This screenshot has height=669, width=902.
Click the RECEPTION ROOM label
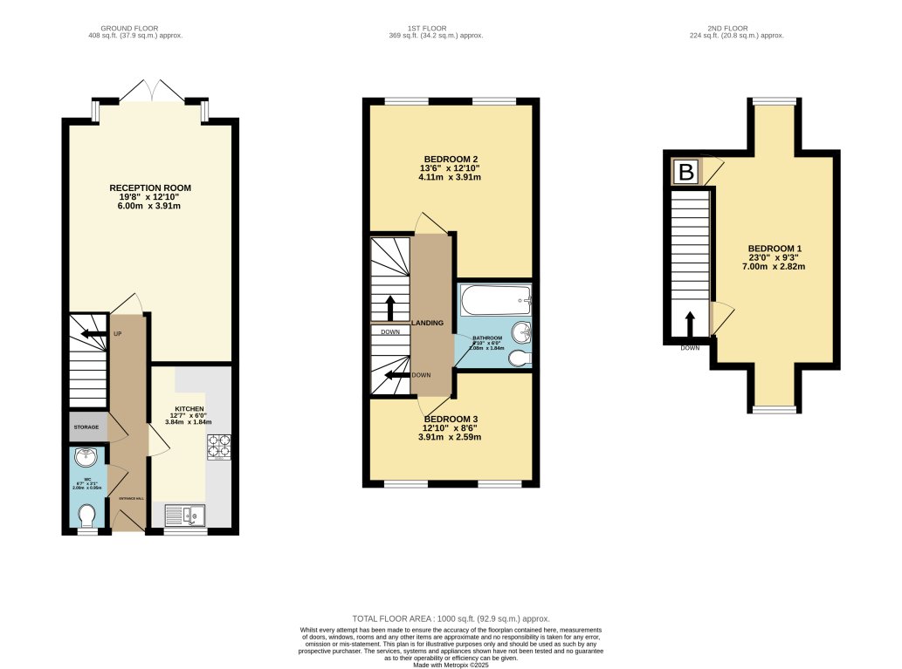(x=150, y=188)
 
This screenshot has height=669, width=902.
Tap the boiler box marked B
(x=687, y=173)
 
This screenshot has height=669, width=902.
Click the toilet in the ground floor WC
(x=86, y=519)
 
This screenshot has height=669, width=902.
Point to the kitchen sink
(x=185, y=516)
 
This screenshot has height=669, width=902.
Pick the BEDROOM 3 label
(x=450, y=418)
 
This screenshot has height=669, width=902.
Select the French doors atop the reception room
(x=151, y=90)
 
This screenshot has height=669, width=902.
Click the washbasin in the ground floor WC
(x=86, y=458)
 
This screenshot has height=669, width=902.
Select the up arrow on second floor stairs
(x=690, y=324)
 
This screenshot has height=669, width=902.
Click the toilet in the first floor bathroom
(x=519, y=358)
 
